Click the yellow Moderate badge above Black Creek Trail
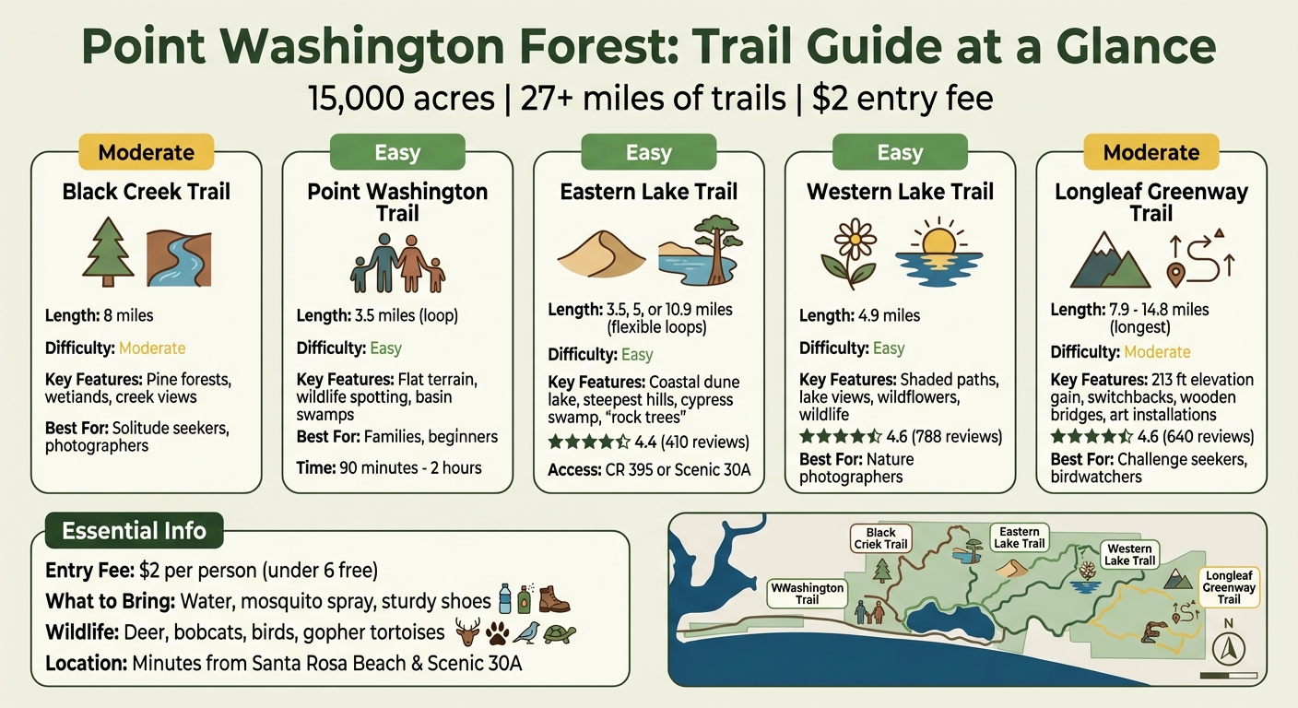146,152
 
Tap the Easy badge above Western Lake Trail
900,152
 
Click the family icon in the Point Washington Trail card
397,262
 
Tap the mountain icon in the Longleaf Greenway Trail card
1110,260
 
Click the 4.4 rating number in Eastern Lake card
646,442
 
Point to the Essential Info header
135,531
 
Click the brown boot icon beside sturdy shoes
555,600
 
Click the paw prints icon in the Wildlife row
497,633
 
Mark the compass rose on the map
1227,649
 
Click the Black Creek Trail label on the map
881,538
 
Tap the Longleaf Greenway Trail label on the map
1229,586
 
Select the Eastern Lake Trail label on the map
1020,537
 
